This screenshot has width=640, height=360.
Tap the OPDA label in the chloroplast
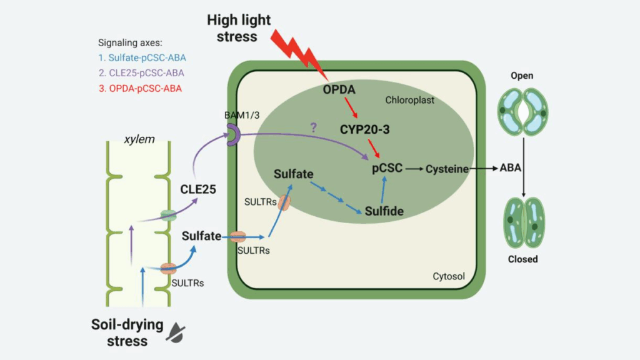tap(339, 91)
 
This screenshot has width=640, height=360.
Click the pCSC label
tap(386, 168)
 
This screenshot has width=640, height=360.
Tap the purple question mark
tap(313, 127)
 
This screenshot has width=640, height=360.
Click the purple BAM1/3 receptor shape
tap(232, 135)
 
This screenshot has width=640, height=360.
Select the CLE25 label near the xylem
tap(199, 187)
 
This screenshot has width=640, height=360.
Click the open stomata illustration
tap(522, 112)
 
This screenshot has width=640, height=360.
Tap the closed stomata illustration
tap(522, 221)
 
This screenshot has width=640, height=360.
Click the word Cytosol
tap(449, 276)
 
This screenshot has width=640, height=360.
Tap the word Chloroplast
tap(409, 100)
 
